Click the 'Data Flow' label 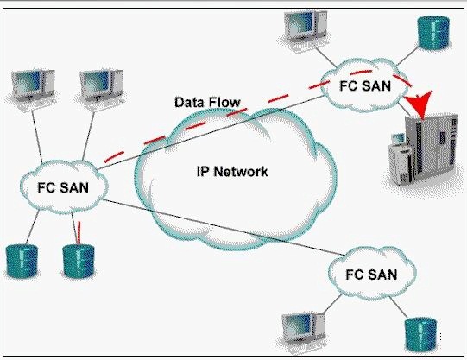point(207,102)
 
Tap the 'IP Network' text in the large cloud point(232,172)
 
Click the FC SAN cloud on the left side point(64,187)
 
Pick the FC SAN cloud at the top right point(365,85)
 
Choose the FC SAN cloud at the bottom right point(372,274)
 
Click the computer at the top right point(305,29)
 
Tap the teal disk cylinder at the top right point(433,33)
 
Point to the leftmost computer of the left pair point(32,89)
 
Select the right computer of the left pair point(101,89)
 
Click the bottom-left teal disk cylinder point(22,261)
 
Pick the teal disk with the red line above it point(79,261)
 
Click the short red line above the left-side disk point(79,233)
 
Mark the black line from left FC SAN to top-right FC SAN point(211,133)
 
